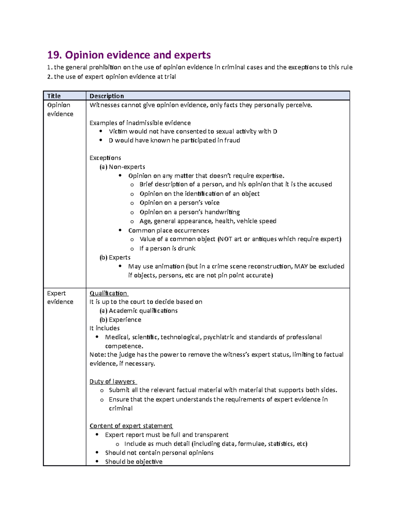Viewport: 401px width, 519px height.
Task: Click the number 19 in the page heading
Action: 54,55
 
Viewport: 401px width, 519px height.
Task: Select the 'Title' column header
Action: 54,96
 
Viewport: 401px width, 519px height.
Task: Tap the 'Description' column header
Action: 107,96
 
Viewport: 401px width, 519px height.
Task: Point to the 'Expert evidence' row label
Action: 60,297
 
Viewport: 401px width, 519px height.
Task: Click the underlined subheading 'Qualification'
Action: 108,293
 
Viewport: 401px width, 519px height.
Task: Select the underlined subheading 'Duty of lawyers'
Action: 112,381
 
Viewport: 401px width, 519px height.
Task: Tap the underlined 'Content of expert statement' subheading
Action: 131,426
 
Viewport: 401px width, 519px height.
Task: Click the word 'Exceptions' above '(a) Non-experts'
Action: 105,158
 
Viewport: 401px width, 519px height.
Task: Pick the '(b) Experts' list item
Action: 115,257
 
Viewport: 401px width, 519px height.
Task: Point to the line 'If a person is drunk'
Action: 167,248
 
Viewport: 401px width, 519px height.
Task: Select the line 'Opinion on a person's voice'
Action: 179,203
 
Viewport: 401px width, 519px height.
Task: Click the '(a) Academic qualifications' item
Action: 139,310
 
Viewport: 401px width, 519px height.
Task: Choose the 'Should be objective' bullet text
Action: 134,462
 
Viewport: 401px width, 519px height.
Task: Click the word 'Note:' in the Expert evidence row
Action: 98,355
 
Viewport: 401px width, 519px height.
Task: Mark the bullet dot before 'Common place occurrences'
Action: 120,230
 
